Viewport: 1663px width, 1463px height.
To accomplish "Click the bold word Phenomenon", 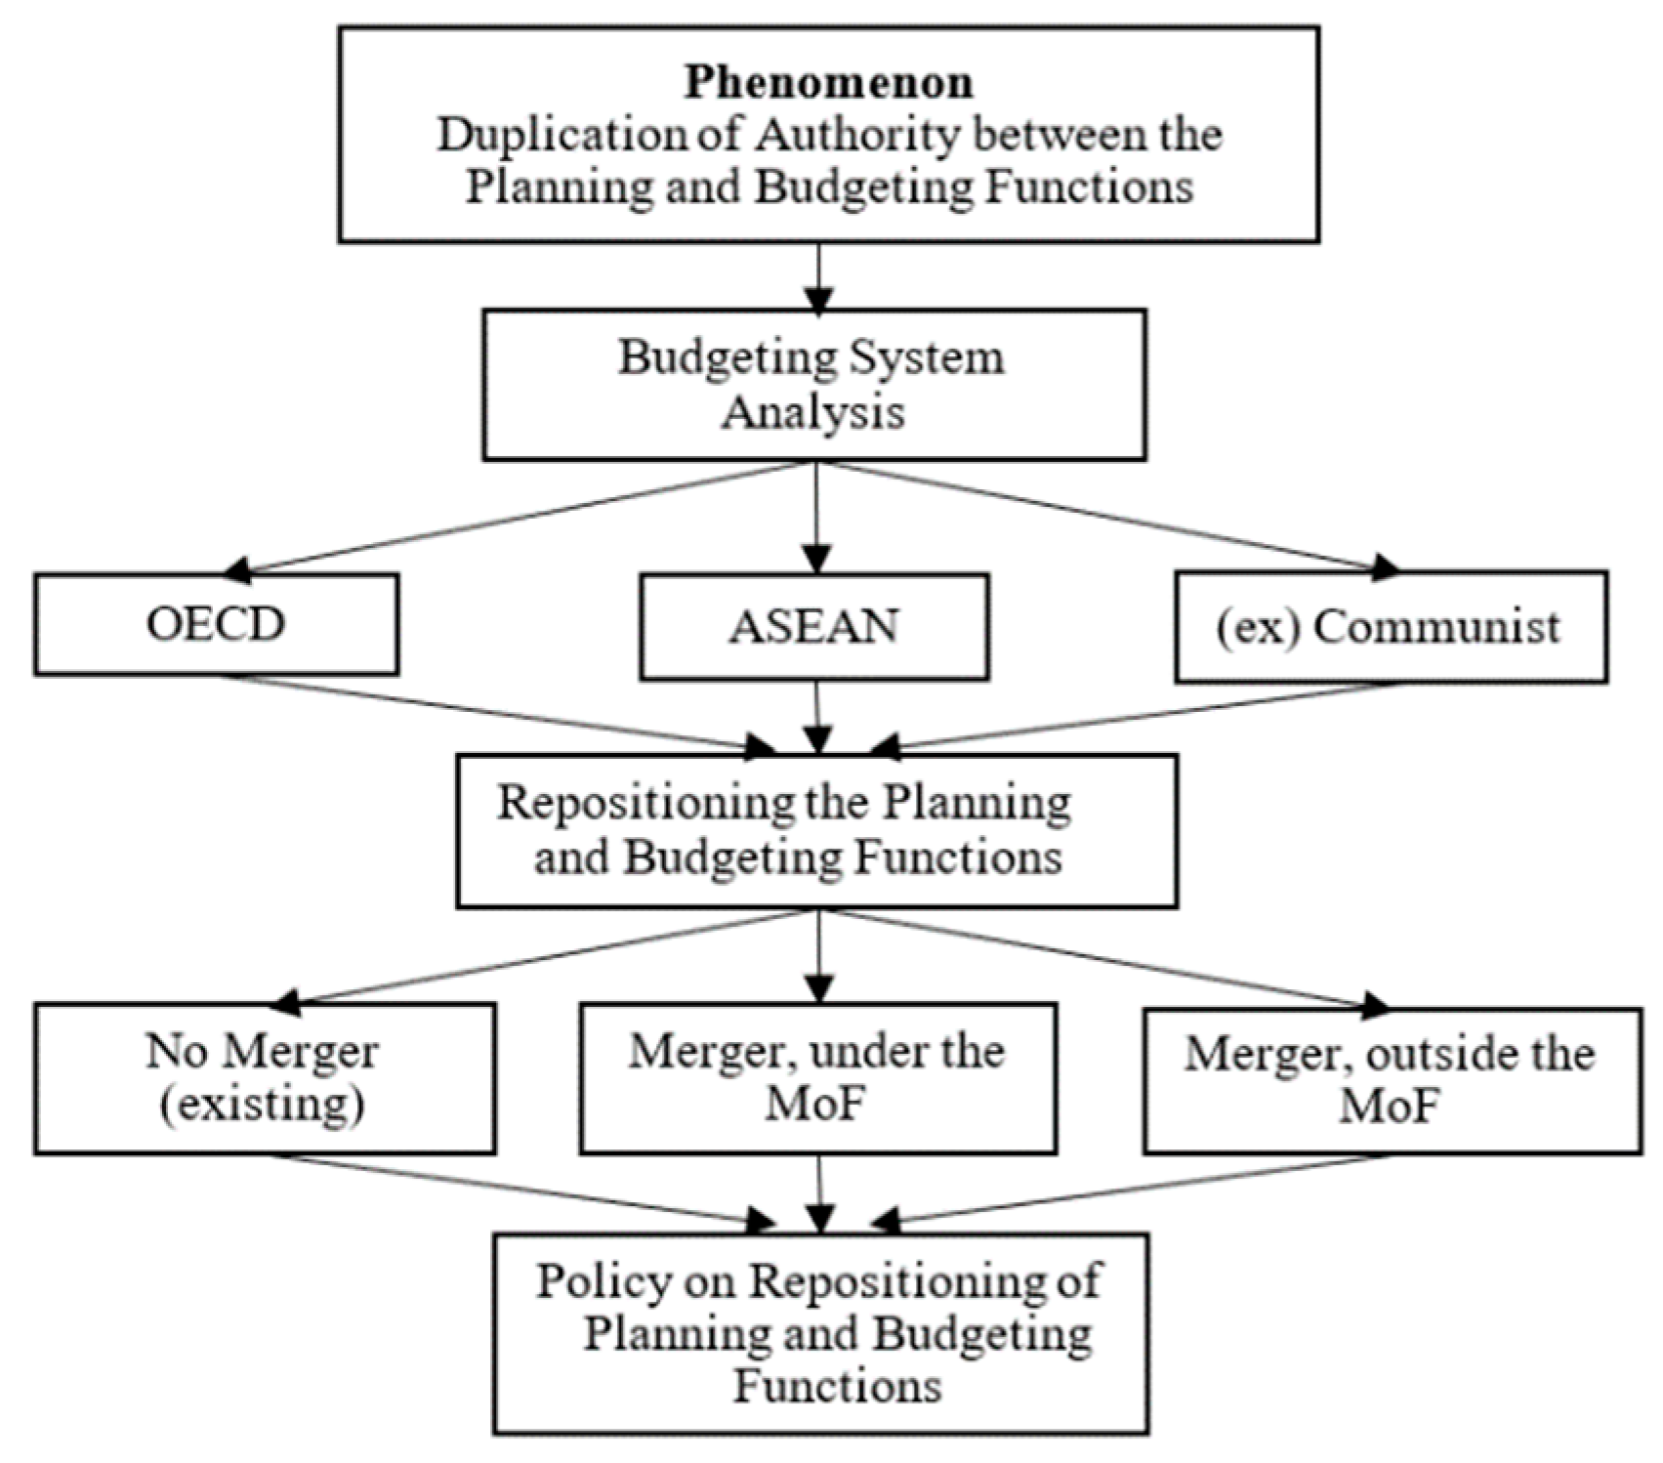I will tap(828, 81).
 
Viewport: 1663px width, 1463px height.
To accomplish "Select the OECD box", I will tap(216, 625).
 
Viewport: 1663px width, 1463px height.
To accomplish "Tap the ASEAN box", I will tap(813, 627).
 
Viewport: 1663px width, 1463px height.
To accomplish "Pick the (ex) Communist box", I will tap(1390, 627).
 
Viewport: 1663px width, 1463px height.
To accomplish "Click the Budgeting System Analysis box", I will tap(813, 385).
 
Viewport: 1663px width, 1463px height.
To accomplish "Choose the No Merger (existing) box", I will tap(263, 1078).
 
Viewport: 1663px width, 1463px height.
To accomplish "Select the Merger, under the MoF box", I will tap(816, 1078).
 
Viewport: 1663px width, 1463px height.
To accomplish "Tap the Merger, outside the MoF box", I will tap(1391, 1080).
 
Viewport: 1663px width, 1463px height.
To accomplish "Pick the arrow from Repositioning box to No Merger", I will tap(547, 957).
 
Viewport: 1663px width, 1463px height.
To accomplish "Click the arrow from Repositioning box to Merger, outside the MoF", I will tap(1103, 957).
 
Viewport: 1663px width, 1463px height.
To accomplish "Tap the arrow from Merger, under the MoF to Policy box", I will tap(819, 1192).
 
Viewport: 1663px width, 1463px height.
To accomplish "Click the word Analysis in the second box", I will tap(813, 412).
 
